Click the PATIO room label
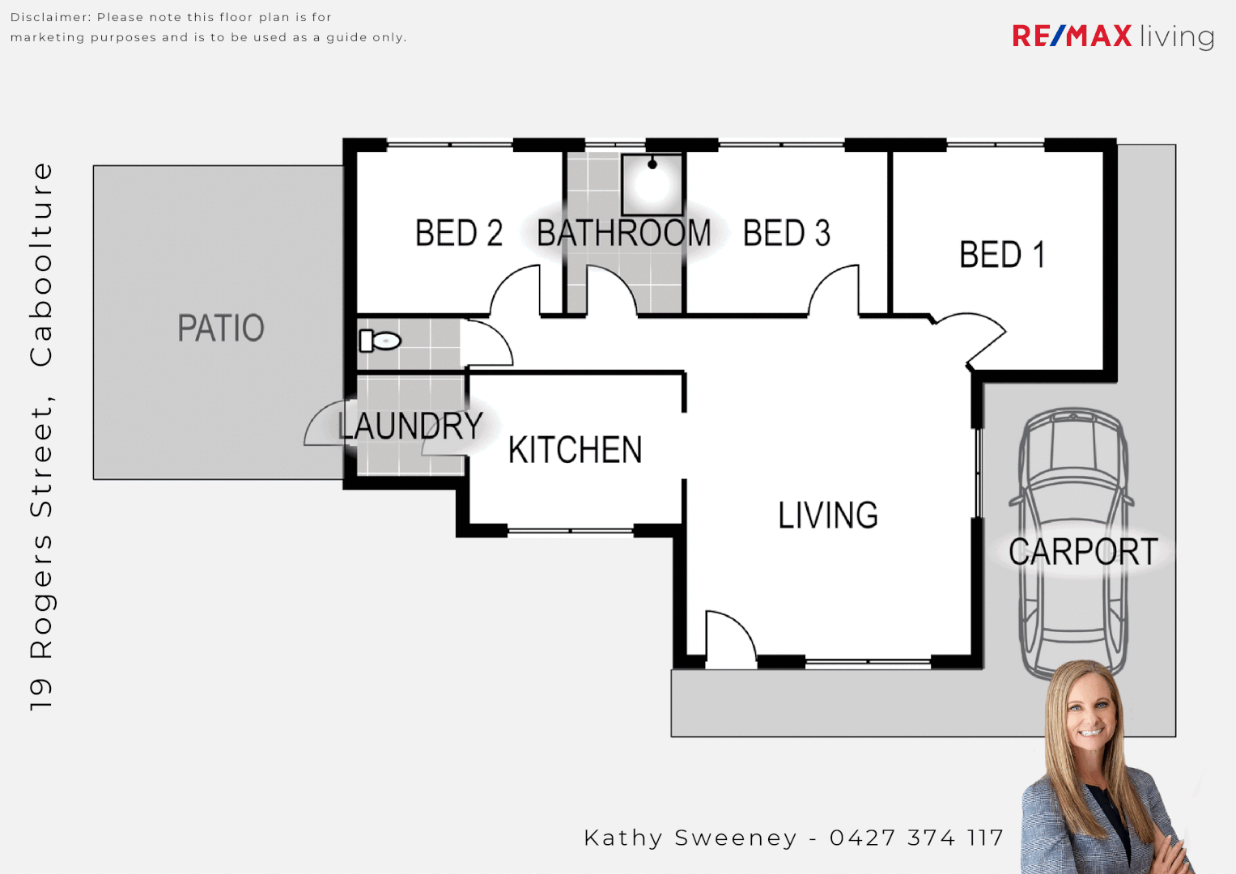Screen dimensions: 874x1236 [x=221, y=329]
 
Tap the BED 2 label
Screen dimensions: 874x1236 [x=458, y=233]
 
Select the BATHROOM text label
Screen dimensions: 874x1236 [x=623, y=233]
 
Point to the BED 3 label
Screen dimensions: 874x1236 [x=786, y=233]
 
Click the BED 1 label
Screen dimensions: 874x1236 [x=1001, y=255]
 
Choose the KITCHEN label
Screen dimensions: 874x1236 [x=575, y=450]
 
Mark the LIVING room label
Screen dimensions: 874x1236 [x=827, y=515]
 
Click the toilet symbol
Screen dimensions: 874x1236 [x=380, y=341]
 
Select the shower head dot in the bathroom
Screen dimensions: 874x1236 [x=652, y=164]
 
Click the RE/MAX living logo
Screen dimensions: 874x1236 [x=1112, y=36]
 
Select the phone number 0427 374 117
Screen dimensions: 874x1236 [x=916, y=838]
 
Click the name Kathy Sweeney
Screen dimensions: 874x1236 [x=690, y=838]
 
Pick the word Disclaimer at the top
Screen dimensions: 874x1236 [x=49, y=17]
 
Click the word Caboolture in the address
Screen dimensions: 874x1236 [x=41, y=265]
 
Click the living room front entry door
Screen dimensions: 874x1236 [x=728, y=639]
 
